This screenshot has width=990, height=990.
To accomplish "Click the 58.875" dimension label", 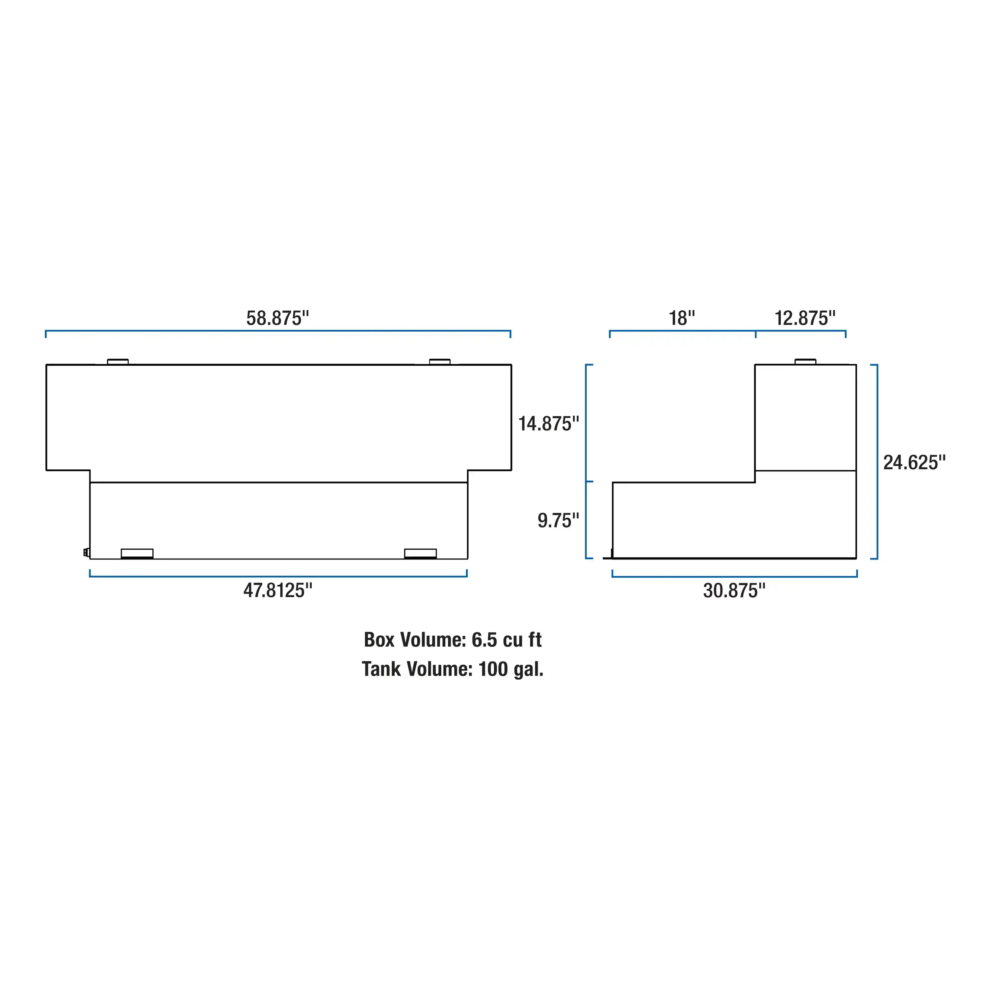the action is (x=278, y=318).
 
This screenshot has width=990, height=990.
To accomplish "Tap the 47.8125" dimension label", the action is (x=278, y=590).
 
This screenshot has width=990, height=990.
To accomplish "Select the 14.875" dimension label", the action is (x=548, y=424).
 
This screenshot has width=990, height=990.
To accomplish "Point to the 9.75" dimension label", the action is (x=558, y=521).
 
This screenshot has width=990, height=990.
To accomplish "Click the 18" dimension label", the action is (x=682, y=318).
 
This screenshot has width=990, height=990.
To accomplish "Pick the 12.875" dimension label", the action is (x=804, y=318).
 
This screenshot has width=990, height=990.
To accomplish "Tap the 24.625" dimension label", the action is (x=914, y=463).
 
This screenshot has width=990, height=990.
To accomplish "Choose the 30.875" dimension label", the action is (x=734, y=591).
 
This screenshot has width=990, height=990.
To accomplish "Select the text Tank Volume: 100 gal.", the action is (x=453, y=669).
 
